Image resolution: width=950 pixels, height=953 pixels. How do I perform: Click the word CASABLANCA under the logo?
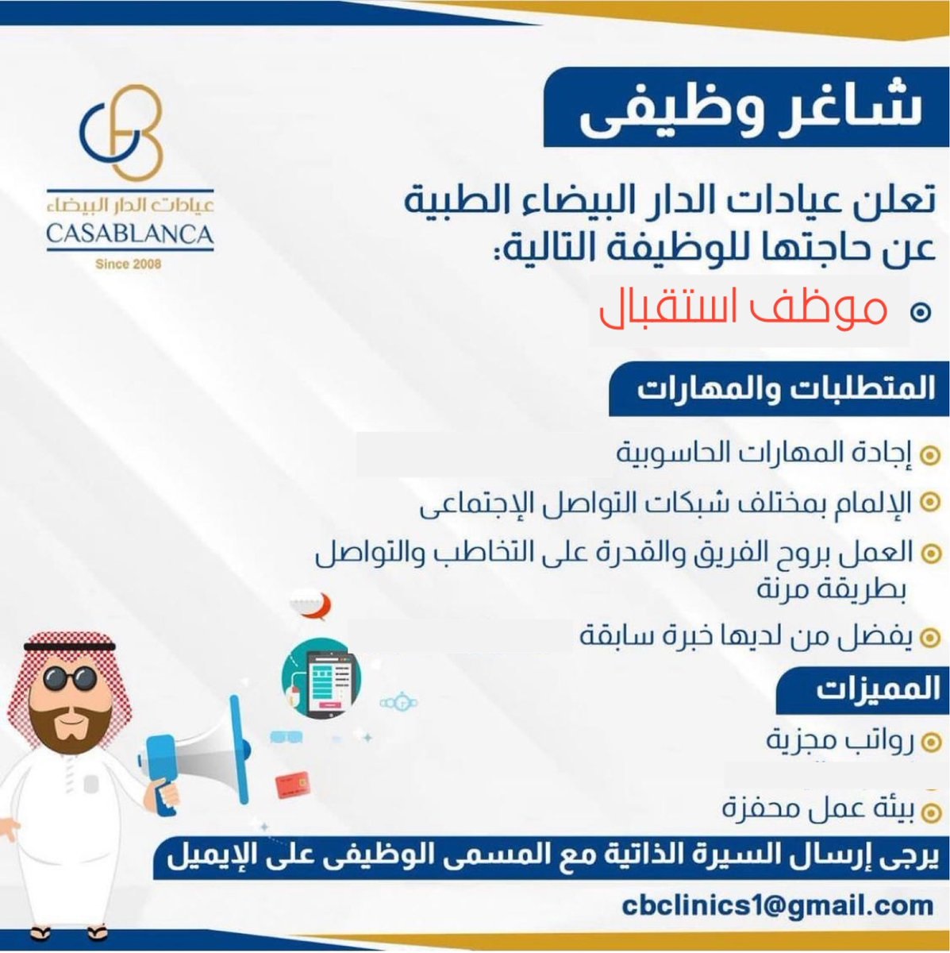tap(129, 234)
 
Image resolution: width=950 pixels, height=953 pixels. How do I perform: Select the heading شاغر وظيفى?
tap(751, 110)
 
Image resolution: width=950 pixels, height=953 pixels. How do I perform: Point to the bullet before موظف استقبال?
tap(921, 312)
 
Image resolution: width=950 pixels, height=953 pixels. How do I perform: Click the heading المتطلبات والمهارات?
tap(786, 389)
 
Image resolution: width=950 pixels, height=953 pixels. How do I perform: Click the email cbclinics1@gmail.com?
tap(778, 905)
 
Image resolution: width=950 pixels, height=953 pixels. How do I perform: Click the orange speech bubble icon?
tap(312, 604)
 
